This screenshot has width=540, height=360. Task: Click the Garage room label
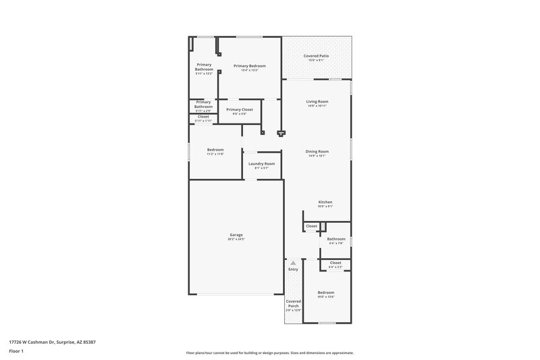[236, 234]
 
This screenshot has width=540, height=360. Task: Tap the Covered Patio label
[317, 56]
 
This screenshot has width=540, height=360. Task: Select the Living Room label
[317, 101]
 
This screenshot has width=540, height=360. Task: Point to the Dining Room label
[317, 151]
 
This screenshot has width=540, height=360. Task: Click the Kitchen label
[325, 202]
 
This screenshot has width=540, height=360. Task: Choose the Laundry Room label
[261, 163]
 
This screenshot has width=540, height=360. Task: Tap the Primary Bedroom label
[249, 66]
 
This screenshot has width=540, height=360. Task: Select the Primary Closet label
[240, 109]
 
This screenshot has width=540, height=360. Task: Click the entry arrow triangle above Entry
[293, 261]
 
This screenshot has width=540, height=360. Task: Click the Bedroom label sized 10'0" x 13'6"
[326, 292]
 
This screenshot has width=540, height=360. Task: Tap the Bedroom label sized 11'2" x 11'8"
[215, 149]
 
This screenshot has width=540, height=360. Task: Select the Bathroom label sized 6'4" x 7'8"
[336, 238]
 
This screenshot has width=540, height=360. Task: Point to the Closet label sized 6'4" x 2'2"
[335, 263]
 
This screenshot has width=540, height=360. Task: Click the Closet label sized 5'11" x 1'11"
[203, 117]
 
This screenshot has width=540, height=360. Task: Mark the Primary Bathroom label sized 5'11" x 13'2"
[204, 67]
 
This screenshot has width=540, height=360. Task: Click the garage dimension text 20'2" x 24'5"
[236, 239]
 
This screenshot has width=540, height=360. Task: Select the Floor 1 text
[16, 352]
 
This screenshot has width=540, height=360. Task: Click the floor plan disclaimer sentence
[269, 353]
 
